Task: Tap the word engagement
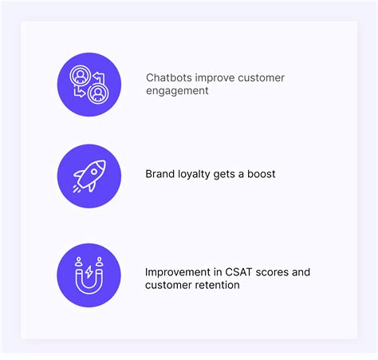coord(177,91)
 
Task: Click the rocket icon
coord(89,175)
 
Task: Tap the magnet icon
coord(89,277)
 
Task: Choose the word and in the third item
coord(300,272)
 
